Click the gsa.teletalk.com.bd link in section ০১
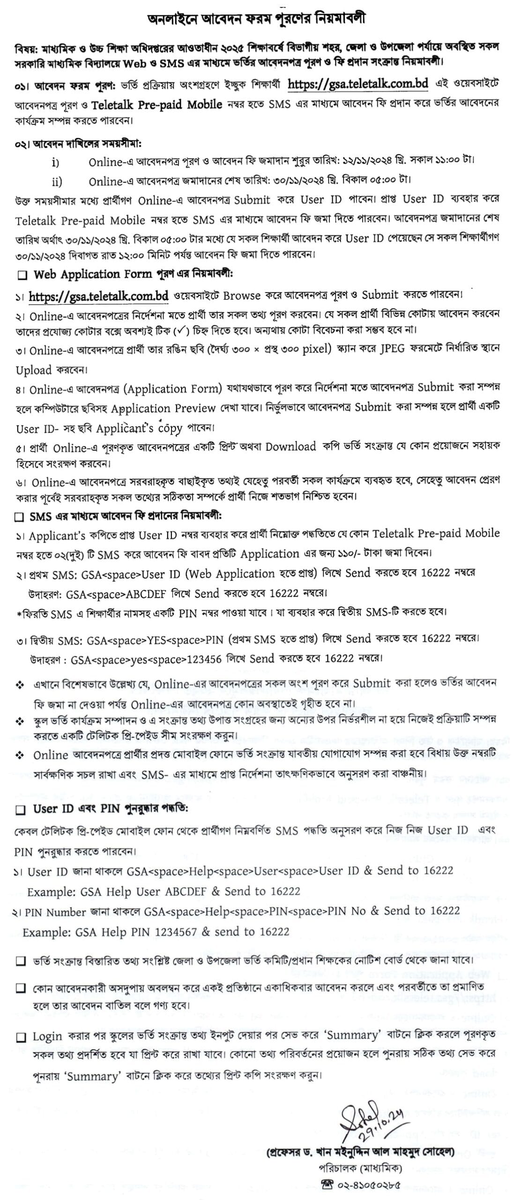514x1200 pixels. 358,84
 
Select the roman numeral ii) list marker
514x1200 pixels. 56,181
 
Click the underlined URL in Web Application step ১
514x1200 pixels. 98,296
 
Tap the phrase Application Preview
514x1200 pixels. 163,408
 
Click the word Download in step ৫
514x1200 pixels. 291,446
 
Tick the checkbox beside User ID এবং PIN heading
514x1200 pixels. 21,810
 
